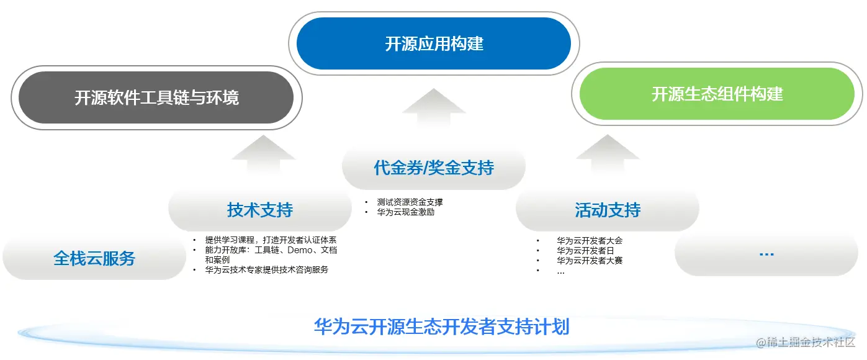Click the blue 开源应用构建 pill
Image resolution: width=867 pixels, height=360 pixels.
(x=434, y=44)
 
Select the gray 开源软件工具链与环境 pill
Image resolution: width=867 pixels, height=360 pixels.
(x=156, y=98)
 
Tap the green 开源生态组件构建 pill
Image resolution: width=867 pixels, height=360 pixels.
(x=717, y=94)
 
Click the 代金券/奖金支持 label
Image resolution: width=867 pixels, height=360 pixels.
(x=434, y=168)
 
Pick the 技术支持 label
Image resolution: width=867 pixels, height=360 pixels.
(x=259, y=210)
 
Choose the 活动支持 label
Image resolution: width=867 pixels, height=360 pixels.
(x=607, y=210)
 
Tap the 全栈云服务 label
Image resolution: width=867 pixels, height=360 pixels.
(x=94, y=258)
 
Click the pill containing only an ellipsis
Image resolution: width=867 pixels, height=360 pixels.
(x=766, y=253)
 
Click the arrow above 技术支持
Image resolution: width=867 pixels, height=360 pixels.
(x=263, y=156)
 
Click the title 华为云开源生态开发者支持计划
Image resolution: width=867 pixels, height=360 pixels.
(x=441, y=326)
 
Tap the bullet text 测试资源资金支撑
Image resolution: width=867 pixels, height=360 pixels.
(x=410, y=202)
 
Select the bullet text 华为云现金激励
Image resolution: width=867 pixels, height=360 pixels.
(x=405, y=212)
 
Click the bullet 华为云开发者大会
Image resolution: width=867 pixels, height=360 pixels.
(x=589, y=240)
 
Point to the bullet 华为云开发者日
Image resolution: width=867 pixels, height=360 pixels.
(x=585, y=251)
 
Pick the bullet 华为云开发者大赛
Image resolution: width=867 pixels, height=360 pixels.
(x=589, y=261)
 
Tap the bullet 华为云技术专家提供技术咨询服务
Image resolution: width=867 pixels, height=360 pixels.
(x=266, y=270)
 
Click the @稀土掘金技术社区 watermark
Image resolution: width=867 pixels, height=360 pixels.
(x=805, y=343)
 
